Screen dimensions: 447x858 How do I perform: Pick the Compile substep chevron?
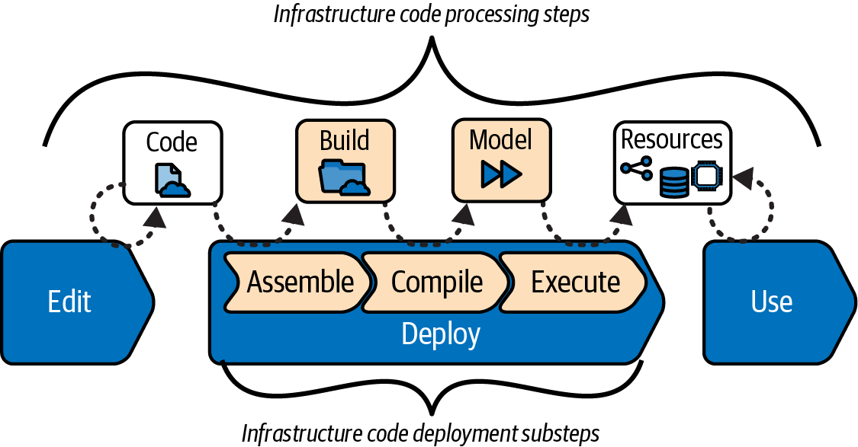[437, 283]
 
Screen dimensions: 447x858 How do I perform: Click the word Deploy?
[441, 334]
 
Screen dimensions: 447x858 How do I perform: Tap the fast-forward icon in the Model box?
[501, 175]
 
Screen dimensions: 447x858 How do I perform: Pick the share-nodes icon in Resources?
[637, 168]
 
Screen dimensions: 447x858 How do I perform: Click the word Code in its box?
[172, 142]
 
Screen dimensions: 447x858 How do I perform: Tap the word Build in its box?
[345, 141]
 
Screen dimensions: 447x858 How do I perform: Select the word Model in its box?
[501, 139]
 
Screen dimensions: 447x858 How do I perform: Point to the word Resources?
[672, 139]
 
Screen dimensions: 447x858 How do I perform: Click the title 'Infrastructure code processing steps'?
[432, 14]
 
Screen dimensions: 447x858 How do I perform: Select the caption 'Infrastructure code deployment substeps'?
[421, 433]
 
